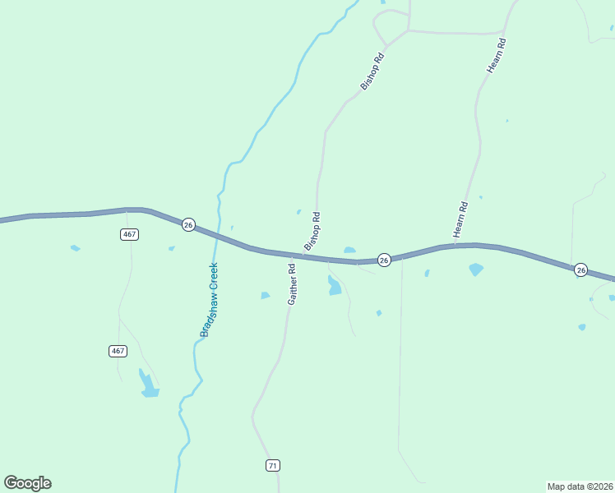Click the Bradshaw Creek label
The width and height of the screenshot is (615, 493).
209,299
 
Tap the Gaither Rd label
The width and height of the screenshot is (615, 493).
291,284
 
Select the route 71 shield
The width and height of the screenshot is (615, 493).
273,466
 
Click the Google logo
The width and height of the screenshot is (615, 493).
27,483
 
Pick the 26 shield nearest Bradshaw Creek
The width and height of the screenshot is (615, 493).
188,225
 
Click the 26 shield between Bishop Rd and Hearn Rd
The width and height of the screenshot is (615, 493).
384,260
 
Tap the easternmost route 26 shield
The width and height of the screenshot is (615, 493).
580,270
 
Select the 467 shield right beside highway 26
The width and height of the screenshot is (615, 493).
128,234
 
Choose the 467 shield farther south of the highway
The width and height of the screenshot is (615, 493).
118,351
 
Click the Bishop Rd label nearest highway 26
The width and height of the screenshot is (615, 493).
312,231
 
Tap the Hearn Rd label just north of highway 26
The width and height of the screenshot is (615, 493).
460,220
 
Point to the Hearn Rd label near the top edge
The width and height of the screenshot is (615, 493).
495,54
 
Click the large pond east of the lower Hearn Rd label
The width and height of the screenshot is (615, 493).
475,269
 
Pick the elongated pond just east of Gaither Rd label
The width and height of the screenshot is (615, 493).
334,286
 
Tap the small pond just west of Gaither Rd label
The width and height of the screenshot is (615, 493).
265,295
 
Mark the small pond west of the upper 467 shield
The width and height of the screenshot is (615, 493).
76,247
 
